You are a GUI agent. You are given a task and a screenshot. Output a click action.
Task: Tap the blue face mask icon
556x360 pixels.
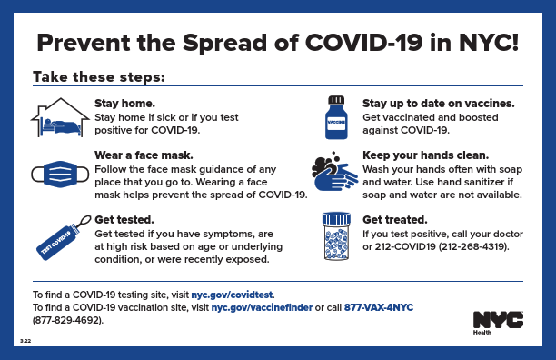tap(61, 174)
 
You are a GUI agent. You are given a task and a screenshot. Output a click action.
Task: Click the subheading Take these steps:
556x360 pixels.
tap(98, 77)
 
